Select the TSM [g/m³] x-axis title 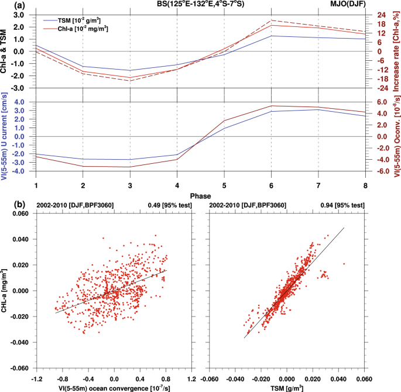coord(287,387)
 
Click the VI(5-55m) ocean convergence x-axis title coord(114,387)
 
